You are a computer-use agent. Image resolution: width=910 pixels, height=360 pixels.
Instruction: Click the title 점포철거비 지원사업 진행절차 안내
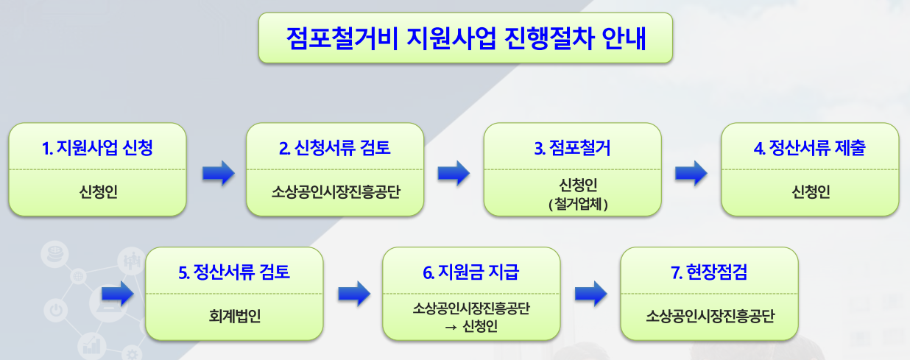coord(465,38)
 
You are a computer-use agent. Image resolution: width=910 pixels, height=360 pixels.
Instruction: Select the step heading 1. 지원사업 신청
coord(98,148)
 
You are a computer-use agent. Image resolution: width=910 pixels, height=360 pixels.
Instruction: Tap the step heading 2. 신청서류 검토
coord(335,148)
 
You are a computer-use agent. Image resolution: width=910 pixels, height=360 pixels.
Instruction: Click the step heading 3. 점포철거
coord(572,148)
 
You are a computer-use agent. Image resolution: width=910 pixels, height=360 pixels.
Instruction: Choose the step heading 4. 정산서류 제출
coord(810,148)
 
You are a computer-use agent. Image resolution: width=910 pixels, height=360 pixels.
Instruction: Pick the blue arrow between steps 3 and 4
coord(691,174)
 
